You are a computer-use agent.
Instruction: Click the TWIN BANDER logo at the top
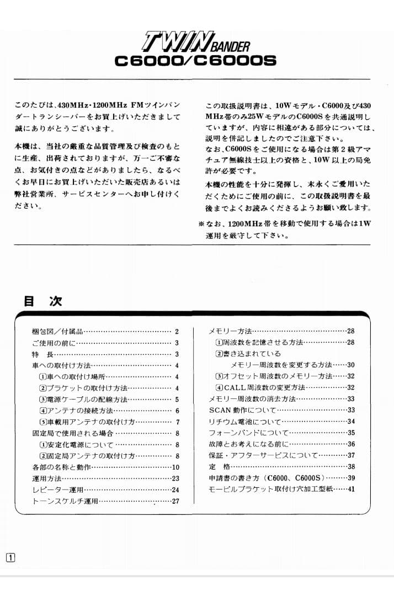[x=195, y=42]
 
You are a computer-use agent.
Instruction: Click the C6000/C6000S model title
[x=195, y=60]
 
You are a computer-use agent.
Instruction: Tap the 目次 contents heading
[x=42, y=301]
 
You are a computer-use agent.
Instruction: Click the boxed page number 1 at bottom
[x=10, y=557]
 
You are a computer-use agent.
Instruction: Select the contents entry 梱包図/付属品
[x=57, y=332]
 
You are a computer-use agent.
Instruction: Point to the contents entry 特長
[x=42, y=354]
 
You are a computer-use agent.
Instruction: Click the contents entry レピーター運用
[x=57, y=490]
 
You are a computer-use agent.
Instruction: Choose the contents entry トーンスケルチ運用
[x=65, y=501]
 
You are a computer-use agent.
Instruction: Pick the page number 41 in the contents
[x=351, y=489]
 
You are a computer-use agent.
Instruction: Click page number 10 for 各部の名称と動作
[x=175, y=467]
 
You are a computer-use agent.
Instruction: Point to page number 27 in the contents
[x=175, y=501]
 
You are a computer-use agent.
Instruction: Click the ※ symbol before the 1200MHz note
[x=201, y=225]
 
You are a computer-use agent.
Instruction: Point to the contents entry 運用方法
[x=47, y=478]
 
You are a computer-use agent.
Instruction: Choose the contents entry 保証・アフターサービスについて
[x=263, y=455]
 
